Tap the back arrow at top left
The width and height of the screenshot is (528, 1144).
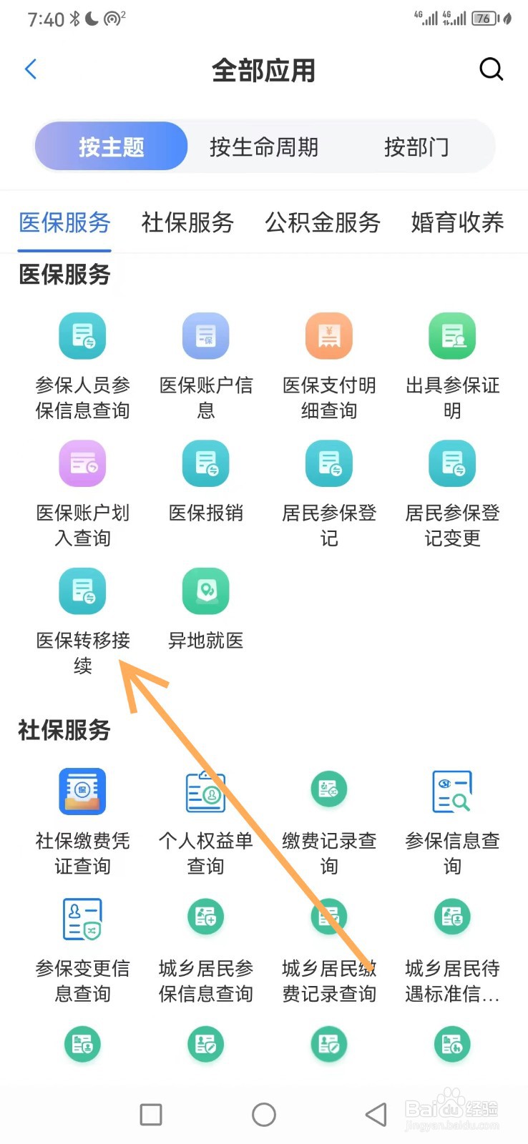tap(31, 69)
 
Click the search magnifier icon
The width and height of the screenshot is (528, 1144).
tap(491, 69)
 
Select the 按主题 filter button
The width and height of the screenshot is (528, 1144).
tap(112, 147)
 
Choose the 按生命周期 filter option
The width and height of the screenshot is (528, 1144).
tap(263, 147)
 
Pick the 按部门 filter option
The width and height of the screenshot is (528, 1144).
tap(416, 147)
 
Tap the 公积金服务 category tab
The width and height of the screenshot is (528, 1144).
tap(323, 222)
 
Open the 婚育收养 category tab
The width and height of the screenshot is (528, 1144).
tap(457, 222)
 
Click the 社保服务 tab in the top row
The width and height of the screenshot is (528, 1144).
tap(187, 222)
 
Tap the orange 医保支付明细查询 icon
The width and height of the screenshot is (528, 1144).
tap(329, 336)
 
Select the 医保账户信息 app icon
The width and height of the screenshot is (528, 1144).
tap(206, 336)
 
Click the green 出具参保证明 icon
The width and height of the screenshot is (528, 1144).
tap(452, 336)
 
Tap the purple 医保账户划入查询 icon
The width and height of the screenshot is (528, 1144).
tap(82, 463)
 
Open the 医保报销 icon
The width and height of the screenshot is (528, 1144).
tap(206, 463)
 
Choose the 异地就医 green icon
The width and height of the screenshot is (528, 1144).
tap(206, 591)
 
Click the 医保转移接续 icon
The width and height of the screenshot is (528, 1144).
tap(82, 591)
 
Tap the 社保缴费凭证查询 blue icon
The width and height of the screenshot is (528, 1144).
tap(82, 792)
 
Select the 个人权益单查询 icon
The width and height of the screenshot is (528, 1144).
tap(206, 792)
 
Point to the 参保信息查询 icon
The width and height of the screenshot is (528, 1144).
tap(452, 792)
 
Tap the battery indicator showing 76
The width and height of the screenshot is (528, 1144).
tap(484, 19)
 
